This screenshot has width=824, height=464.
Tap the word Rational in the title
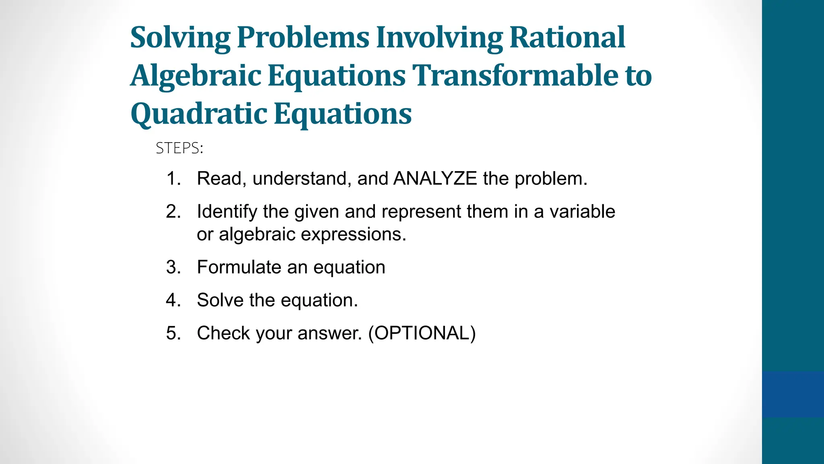(567, 37)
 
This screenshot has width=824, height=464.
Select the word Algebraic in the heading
(196, 76)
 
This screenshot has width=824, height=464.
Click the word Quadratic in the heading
(199, 114)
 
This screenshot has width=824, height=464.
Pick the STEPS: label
(179, 148)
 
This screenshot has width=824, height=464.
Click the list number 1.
(173, 178)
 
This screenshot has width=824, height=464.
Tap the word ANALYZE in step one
(435, 178)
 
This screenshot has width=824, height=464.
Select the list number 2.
(173, 211)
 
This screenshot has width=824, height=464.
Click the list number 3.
(173, 267)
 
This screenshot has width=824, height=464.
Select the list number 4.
(173, 300)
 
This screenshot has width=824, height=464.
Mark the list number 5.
(173, 333)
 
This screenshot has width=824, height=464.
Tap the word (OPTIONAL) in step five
(422, 333)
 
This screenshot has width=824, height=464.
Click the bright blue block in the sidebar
(793, 394)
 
